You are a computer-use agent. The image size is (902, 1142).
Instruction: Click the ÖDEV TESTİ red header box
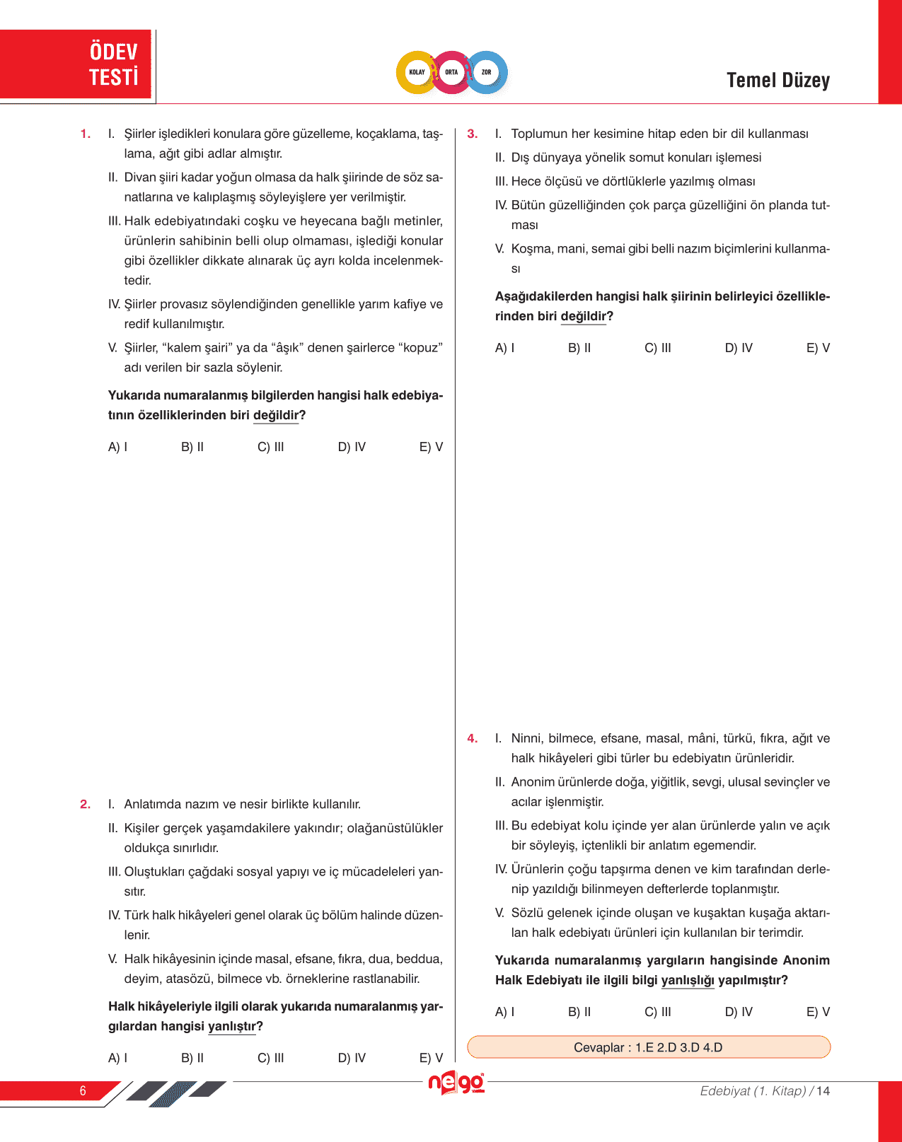[x=76, y=64]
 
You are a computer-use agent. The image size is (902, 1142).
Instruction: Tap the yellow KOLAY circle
[x=417, y=72]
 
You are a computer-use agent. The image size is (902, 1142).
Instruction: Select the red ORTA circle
[x=451, y=72]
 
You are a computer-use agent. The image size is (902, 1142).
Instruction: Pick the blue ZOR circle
[x=487, y=72]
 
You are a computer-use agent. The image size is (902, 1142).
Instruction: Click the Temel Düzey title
[x=777, y=81]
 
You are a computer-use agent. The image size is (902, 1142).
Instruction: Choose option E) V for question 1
[x=431, y=447]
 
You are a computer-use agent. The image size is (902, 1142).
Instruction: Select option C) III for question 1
[x=271, y=447]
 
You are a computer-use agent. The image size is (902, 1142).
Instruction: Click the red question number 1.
[x=86, y=134]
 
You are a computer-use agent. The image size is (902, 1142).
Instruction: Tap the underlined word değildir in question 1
[x=276, y=416]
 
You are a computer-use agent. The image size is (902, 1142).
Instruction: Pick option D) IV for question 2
[x=352, y=1058]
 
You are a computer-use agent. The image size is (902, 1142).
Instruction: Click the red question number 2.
[x=86, y=804]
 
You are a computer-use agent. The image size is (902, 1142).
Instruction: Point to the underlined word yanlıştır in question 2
[x=232, y=1027]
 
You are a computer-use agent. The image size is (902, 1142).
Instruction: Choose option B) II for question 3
[x=579, y=348]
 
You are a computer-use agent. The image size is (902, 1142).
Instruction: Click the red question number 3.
[x=473, y=134]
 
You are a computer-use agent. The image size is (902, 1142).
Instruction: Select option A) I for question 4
[x=504, y=1012]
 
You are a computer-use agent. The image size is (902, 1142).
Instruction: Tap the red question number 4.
[x=473, y=738]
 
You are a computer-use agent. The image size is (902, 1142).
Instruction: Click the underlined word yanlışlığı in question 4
[x=688, y=981]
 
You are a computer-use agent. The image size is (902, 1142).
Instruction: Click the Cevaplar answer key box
[x=648, y=1047]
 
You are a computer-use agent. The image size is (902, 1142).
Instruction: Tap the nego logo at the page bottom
[x=456, y=1083]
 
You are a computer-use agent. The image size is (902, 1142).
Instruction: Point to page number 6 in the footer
[x=83, y=1091]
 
